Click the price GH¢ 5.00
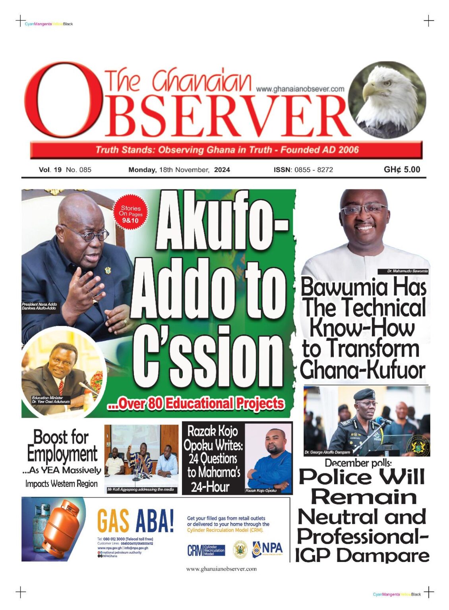(x=402, y=170)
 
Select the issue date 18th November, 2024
(x=179, y=170)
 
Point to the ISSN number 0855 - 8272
(x=314, y=170)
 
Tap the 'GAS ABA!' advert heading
(x=135, y=521)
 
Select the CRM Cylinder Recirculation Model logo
(x=206, y=550)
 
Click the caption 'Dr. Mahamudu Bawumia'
(x=407, y=271)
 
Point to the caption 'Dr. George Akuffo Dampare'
(x=327, y=452)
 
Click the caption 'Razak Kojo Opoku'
(x=261, y=491)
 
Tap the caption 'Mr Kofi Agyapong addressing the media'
(x=141, y=490)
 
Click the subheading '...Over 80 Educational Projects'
(x=196, y=404)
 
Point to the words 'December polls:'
(x=358, y=463)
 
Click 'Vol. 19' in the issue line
(x=50, y=170)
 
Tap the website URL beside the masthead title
(x=300, y=89)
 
